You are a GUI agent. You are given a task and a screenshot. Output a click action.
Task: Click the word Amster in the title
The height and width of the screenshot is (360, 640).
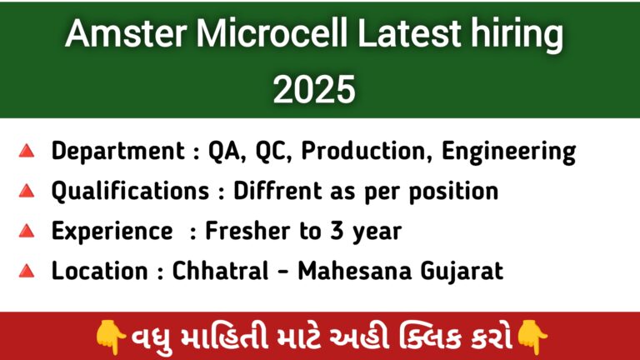pos(126,33)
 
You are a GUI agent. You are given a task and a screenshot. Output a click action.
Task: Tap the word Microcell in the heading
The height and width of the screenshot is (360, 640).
pos(272,33)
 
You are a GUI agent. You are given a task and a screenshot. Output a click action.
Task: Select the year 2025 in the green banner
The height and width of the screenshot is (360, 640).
pos(314,89)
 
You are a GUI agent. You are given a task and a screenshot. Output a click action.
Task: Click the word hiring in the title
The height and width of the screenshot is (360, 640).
pos(517,36)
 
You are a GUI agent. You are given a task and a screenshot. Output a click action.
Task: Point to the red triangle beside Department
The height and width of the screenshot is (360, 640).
pos(27,151)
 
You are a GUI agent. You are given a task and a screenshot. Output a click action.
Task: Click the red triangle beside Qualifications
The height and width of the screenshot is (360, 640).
pos(27,191)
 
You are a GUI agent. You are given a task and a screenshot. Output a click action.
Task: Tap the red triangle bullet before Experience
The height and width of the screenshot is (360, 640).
pos(27,231)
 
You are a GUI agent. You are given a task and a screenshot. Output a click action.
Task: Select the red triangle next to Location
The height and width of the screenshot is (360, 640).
pos(27,271)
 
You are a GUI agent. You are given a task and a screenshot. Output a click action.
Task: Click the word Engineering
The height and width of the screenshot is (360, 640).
pos(508,152)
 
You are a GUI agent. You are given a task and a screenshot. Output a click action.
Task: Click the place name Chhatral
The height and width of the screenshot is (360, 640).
pos(220,270)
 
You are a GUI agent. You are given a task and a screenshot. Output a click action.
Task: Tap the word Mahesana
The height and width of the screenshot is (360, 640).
pos(355,271)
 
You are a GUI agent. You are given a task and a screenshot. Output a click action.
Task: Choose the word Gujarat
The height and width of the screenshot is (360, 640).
pos(462,272)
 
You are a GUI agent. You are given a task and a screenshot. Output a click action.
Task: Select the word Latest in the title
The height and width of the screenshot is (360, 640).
pos(409,33)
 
